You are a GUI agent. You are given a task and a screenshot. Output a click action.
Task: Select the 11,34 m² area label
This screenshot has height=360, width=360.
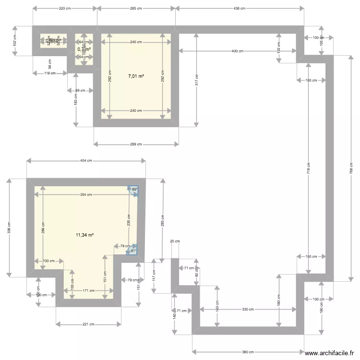point(84,235)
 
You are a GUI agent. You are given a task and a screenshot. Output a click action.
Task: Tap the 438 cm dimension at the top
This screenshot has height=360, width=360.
point(240,8)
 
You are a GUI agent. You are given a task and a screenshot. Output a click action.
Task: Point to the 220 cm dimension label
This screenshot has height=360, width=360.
point(65,8)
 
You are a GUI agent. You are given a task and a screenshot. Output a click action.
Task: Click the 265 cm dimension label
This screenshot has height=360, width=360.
point(136,8)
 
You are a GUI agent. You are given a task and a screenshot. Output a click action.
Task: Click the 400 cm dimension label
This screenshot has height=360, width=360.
point(237,51)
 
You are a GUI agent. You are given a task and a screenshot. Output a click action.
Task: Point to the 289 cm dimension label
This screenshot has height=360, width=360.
point(136,144)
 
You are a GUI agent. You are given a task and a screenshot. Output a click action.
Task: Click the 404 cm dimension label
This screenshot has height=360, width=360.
point(86,161)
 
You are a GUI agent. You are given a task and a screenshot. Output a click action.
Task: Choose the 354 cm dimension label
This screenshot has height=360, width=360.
point(86,194)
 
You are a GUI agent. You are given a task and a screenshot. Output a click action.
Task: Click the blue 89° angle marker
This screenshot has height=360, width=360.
point(133,191)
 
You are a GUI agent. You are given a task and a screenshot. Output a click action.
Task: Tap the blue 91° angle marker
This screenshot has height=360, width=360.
point(132,250)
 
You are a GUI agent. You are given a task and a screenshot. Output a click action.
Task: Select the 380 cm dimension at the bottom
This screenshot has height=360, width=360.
point(248,351)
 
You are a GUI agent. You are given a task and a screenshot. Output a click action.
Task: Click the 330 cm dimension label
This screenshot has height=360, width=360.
point(248,310)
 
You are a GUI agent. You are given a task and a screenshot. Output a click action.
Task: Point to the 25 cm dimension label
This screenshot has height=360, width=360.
point(175,241)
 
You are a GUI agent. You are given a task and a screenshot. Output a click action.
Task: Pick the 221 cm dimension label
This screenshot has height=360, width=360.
point(88,324)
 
